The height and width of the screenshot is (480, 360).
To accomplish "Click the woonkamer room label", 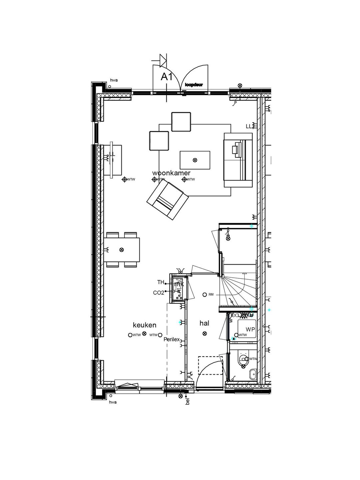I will pos(171,173).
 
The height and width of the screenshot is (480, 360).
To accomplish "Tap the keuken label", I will pos(144,325).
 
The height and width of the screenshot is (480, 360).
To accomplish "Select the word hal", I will pos(204,323).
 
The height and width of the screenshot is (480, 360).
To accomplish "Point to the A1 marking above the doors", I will pos(166,77).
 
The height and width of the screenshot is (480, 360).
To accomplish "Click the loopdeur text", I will pos(194,85).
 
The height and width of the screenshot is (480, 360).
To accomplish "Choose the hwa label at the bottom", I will pos(113,402).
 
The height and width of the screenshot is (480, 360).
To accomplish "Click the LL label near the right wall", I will pos(249,126).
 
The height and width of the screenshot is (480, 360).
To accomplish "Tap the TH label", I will pos(161,282).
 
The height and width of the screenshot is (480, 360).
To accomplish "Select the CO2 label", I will pos(158,293).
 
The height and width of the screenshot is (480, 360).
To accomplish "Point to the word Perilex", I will pos(172,340).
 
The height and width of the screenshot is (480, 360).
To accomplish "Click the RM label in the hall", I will pos(211,295).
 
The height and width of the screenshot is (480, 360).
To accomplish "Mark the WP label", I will pos(250,329).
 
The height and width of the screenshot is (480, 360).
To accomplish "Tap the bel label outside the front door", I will pos(187,402).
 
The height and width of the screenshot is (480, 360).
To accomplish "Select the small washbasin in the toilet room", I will pos(253,373).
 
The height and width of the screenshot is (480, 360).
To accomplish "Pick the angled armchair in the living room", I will pos(167,200).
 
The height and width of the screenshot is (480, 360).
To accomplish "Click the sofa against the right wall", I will pos(238,160).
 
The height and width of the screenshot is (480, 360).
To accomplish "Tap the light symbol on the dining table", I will pos(121,249).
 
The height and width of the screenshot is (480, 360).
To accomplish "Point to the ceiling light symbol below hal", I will pos(204,333).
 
